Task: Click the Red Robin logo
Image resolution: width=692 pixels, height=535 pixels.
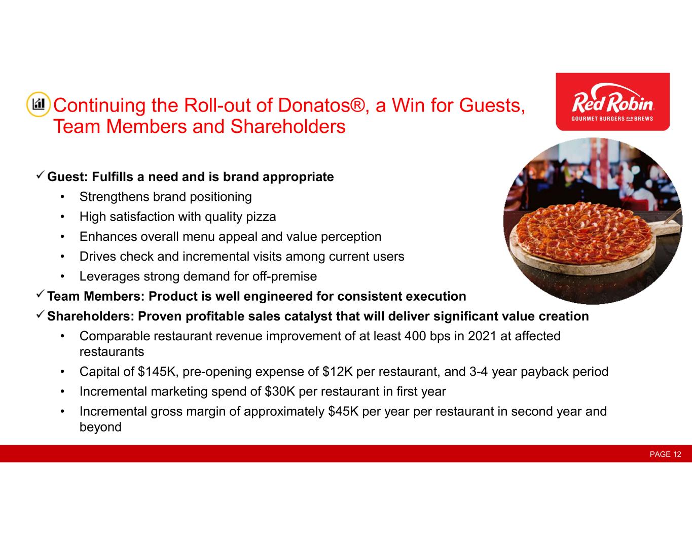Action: (x=612, y=101)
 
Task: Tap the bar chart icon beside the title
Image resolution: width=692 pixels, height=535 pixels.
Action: (x=38, y=104)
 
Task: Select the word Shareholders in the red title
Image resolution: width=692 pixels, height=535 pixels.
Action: (x=288, y=126)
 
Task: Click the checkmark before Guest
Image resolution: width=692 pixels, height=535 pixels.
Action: (x=41, y=174)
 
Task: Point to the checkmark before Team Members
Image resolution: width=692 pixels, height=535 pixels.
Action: (x=41, y=294)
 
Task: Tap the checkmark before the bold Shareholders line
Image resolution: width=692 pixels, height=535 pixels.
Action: (x=41, y=314)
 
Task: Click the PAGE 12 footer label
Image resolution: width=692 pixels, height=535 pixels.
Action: (x=665, y=454)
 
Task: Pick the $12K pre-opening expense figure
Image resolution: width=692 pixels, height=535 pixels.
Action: (x=337, y=372)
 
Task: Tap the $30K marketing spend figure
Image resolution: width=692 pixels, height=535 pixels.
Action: (x=280, y=391)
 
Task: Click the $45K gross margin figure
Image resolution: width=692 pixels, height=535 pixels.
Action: (x=343, y=411)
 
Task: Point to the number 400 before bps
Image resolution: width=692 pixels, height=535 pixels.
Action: (x=415, y=336)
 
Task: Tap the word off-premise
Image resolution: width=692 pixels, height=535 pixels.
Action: (x=284, y=276)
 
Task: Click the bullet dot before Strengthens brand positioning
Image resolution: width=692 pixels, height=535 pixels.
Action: (x=62, y=197)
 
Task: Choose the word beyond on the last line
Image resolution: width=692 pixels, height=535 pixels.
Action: (x=100, y=427)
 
